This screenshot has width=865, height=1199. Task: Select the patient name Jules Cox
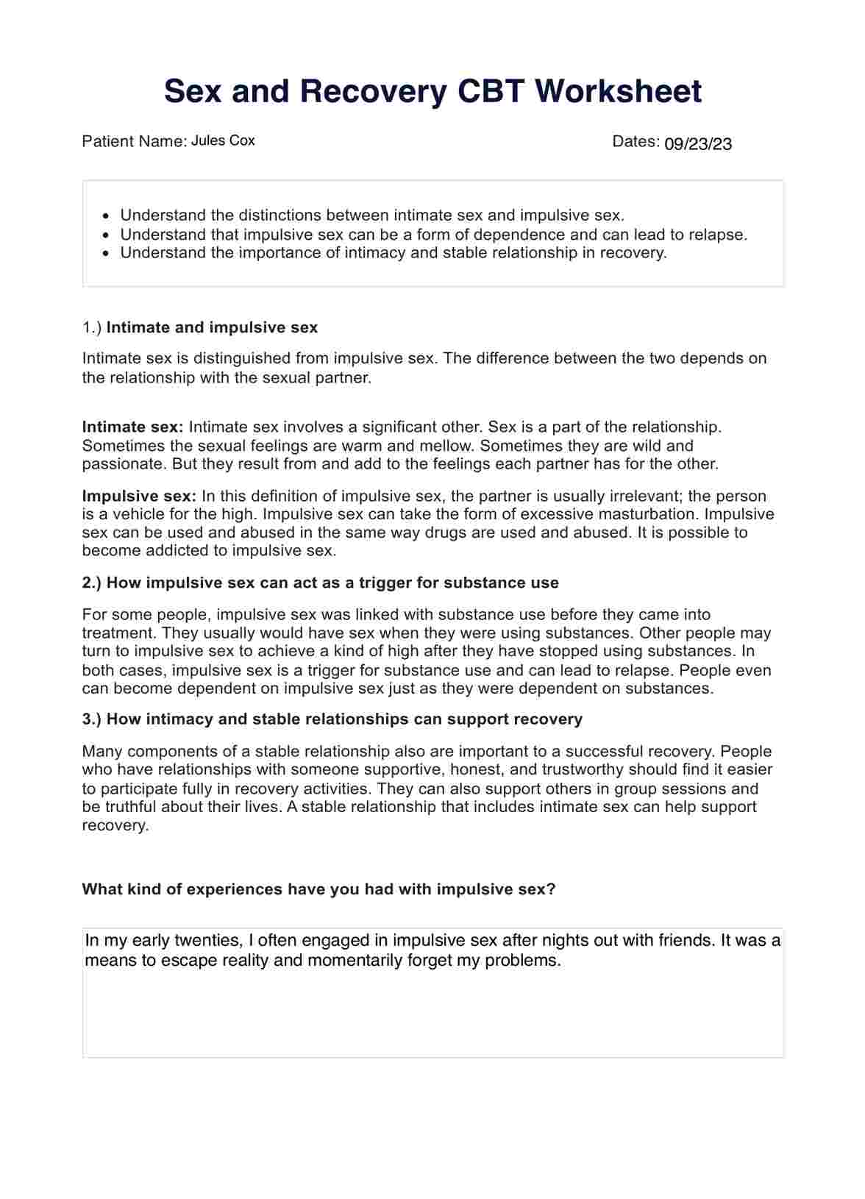(223, 140)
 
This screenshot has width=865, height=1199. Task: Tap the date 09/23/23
(697, 144)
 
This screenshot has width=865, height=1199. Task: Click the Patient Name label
(134, 141)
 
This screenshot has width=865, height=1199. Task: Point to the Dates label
(634, 141)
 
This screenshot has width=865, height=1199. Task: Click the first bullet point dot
(107, 216)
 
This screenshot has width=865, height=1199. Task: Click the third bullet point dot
(107, 254)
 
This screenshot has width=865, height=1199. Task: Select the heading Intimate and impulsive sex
(212, 327)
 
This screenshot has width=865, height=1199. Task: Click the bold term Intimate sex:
(132, 427)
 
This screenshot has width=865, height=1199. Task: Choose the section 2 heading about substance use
(320, 583)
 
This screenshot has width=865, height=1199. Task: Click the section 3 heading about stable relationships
(332, 719)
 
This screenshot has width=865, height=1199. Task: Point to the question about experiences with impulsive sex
(318, 889)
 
